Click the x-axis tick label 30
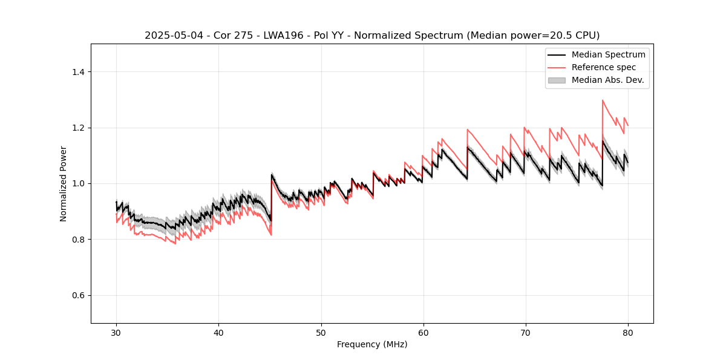click(116, 333)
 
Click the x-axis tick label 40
click(218, 333)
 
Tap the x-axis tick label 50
click(321, 333)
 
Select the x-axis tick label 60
click(423, 333)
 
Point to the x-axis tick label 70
click(525, 333)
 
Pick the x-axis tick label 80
click(627, 333)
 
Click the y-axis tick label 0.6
click(78, 295)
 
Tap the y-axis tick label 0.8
click(78, 240)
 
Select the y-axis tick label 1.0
click(78, 183)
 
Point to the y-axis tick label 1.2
click(78, 128)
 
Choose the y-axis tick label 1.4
click(78, 72)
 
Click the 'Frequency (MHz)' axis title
click(372, 344)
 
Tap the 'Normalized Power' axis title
click(64, 183)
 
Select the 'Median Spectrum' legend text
click(608, 54)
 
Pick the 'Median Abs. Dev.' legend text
click(607, 80)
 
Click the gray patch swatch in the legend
click(557, 80)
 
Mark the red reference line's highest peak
click(603, 100)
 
